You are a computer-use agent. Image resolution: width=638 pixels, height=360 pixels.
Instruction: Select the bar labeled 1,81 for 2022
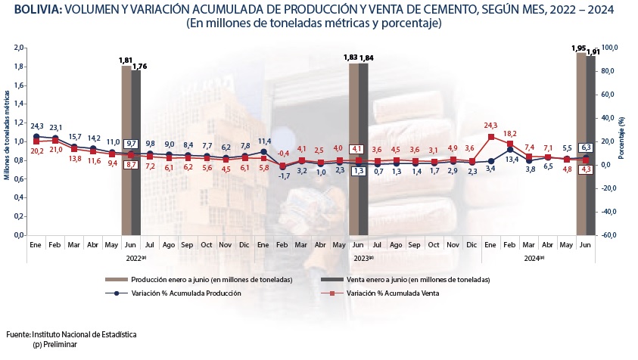tap(126, 151)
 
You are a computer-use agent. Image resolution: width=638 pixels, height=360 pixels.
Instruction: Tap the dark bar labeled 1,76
tap(136, 151)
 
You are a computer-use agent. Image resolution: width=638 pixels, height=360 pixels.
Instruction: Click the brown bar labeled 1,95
tap(581, 144)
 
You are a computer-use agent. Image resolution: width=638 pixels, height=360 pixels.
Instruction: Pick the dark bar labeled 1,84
tap(363, 151)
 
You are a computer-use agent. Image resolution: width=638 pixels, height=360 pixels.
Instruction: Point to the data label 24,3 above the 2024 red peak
tap(491, 125)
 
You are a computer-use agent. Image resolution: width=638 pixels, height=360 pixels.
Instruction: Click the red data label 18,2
tap(510, 132)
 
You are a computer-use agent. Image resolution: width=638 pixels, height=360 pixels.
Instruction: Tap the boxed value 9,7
tap(131, 144)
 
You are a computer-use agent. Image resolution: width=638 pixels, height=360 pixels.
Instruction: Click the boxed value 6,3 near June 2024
tap(585, 147)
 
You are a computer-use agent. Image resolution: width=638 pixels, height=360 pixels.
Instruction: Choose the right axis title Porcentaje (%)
tap(631, 141)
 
